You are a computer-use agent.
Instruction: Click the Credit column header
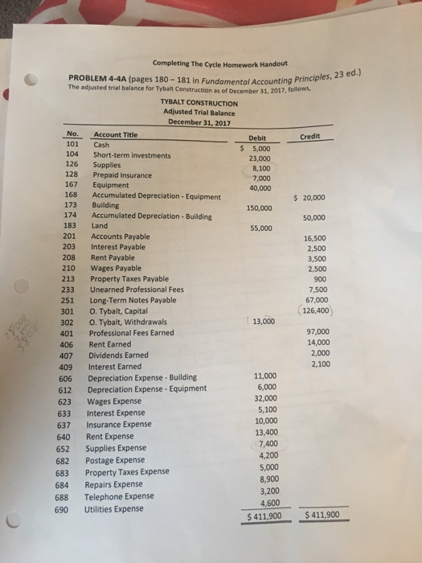click(321, 137)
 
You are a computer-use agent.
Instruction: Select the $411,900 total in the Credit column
click(322, 515)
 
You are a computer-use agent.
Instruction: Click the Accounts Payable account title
click(119, 236)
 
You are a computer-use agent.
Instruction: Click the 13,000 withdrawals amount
click(264, 322)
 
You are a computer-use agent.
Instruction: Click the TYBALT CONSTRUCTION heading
click(199, 103)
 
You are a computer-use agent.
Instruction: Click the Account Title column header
click(116, 134)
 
